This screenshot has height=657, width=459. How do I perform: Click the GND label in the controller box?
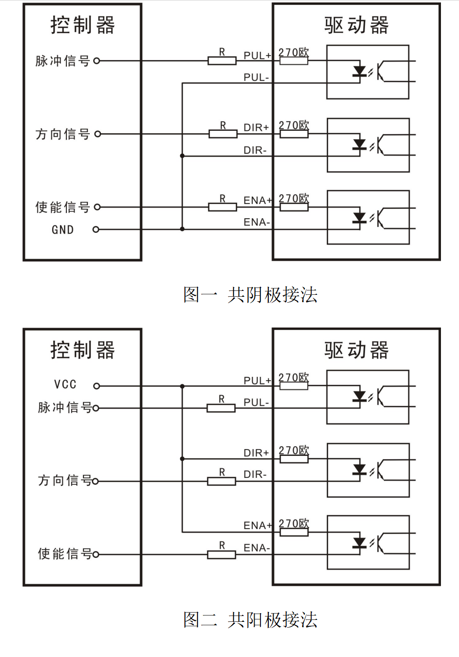coord(62,230)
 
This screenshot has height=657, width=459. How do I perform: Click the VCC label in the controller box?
coord(65,385)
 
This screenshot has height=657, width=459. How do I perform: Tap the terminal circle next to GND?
coord(96,229)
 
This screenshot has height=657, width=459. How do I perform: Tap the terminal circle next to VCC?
coord(97,386)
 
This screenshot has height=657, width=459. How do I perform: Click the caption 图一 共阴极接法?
coord(250,295)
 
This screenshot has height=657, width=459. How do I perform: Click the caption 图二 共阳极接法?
coord(250,620)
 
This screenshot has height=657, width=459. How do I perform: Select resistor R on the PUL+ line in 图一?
coord(222,61)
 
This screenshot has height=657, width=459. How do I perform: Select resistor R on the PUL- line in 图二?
coord(221,408)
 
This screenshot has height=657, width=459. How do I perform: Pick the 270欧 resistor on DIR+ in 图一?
coord(294,134)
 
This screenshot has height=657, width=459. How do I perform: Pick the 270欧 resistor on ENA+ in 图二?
coord(294,532)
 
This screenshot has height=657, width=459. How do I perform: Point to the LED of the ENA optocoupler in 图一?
coord(359,218)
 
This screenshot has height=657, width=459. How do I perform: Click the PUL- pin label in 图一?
coord(256,78)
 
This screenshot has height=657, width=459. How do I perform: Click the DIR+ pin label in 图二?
coord(256,453)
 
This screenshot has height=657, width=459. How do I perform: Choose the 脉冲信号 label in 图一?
coord(62,61)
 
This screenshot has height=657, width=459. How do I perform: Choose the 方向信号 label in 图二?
coord(64,481)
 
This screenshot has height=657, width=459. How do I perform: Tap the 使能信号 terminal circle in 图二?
coord(96,554)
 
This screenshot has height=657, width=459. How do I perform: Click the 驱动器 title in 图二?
coord(356,350)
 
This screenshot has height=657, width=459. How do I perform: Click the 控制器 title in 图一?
coord(82,25)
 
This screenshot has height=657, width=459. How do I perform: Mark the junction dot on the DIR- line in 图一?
coord(182,156)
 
